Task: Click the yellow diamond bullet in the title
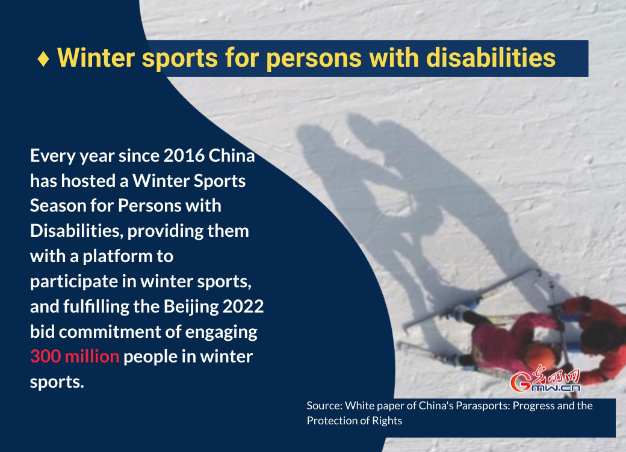click(43, 58)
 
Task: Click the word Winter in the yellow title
click(96, 57)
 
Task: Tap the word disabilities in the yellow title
click(491, 57)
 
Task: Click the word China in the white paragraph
click(232, 156)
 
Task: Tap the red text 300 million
click(75, 356)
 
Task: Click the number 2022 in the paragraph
click(243, 306)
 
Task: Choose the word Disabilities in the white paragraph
click(76, 231)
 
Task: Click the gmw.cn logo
click(545, 379)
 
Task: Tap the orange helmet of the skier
click(540, 356)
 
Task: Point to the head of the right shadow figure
click(364, 127)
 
